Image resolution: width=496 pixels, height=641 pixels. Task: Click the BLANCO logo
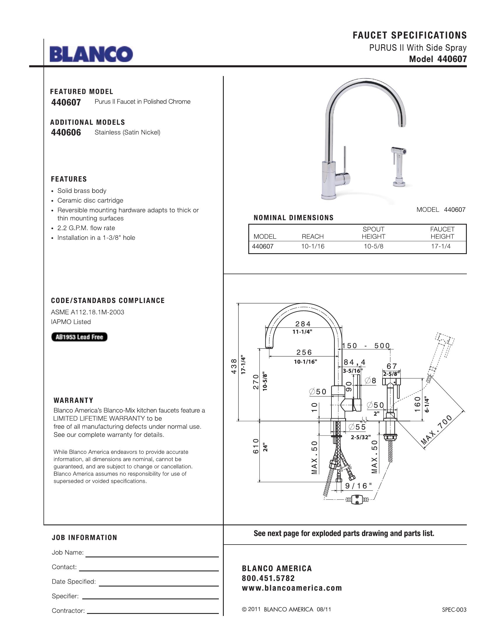tap(91, 54)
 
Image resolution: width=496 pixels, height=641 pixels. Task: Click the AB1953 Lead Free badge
tap(79, 337)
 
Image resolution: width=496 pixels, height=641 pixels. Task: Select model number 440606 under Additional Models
tap(66, 133)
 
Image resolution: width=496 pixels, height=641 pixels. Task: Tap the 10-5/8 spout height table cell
tap(373, 246)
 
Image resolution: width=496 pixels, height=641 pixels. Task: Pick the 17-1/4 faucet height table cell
tap(441, 246)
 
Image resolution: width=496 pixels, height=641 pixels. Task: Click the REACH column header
tap(313, 237)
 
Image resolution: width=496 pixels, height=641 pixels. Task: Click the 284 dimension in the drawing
tap(303, 324)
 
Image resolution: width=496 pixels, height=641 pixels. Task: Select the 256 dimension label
tap(304, 352)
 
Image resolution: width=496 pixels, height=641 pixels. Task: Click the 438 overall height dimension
tap(234, 366)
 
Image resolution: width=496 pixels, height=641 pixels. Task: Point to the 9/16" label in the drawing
tap(358, 486)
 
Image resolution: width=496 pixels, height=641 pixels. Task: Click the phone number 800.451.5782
tap(268, 578)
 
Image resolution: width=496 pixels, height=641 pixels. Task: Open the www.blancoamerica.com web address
tap(292, 588)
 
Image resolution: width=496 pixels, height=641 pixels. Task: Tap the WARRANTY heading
tap(74, 400)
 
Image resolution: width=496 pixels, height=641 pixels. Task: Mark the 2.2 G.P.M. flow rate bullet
tap(86, 228)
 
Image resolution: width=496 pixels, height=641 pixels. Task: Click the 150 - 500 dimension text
tap(366, 346)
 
